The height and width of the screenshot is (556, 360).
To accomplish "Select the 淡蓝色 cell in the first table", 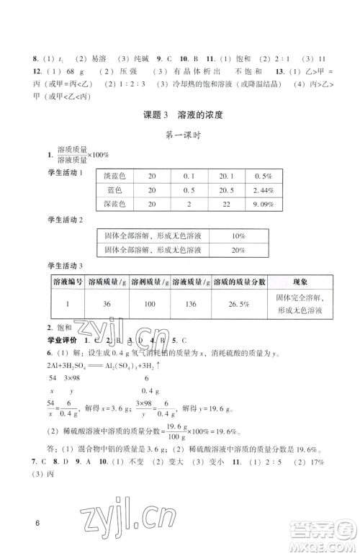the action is click(116, 176).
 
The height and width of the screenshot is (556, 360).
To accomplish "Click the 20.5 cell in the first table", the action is click(221, 190).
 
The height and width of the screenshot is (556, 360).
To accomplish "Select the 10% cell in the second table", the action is click(238, 236).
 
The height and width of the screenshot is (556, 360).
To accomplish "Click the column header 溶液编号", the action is click(67, 282).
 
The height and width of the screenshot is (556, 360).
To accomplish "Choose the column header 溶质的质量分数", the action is click(240, 282).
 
